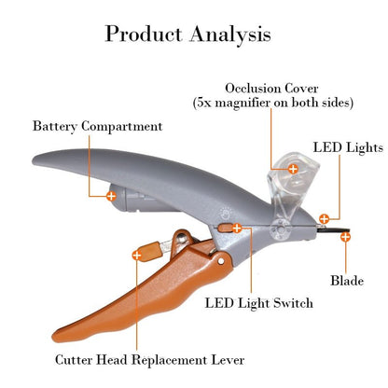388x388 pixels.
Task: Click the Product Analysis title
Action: click(x=188, y=35)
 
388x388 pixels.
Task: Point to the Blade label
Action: click(x=347, y=280)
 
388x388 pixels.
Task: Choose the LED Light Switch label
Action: click(x=259, y=303)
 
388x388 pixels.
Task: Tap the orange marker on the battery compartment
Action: click(x=112, y=196)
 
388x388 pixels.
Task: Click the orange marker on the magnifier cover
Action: click(x=292, y=169)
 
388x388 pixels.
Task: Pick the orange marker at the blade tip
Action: click(x=345, y=238)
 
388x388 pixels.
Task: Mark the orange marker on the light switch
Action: click(x=237, y=228)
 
